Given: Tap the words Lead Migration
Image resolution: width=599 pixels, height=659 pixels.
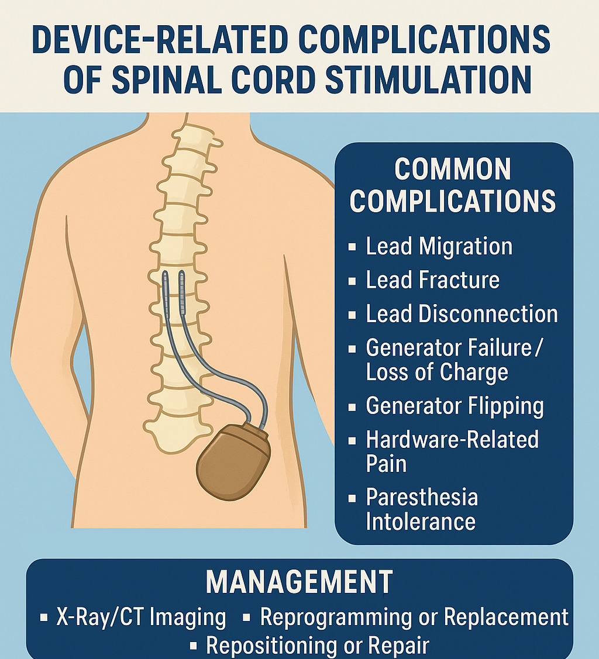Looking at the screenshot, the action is (x=439, y=246).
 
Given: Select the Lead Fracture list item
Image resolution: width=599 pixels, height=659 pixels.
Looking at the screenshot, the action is (x=432, y=280).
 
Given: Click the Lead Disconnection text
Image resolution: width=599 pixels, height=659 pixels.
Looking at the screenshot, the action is (x=462, y=314).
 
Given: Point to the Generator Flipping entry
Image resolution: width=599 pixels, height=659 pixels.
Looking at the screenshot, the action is (x=455, y=406).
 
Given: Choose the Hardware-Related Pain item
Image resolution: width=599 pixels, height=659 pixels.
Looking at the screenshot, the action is (x=452, y=451).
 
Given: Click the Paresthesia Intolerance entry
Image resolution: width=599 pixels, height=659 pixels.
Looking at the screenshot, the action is (x=421, y=509).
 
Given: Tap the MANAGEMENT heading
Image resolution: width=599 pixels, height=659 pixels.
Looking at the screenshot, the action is (x=299, y=582).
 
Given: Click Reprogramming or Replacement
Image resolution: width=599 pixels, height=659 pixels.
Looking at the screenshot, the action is (x=414, y=617).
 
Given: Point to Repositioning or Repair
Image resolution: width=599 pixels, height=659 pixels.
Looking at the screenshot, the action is (x=318, y=646).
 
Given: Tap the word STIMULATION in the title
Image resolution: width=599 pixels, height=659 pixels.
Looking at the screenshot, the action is (x=428, y=80).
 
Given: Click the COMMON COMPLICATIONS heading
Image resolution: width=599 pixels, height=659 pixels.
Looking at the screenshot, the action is (x=452, y=185).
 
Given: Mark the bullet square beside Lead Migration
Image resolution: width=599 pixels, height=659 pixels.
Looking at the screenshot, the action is (x=352, y=247).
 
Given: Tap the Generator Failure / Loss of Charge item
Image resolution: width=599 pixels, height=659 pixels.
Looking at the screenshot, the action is (x=455, y=360).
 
